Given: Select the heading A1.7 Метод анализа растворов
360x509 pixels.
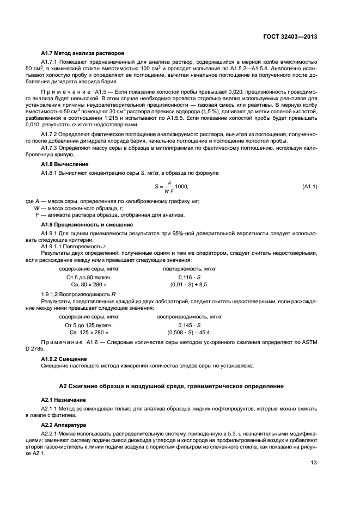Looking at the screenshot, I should tap(83, 53).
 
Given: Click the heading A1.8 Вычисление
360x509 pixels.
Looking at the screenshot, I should tap(65, 164).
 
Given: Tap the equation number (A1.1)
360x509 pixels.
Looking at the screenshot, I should tap(309, 187).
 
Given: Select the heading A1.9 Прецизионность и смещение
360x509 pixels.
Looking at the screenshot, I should tap(87, 225).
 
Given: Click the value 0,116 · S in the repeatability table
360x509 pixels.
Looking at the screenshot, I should tap(189, 277).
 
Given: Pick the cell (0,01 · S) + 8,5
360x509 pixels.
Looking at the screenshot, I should tap(189, 284).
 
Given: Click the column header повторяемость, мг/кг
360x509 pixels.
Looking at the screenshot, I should tap(189, 269).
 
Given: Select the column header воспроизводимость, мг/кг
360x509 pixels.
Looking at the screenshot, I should tap(189, 316).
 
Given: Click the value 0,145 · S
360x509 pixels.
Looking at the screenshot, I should tap(189, 324).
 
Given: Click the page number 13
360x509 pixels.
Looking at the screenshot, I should tap(314, 463).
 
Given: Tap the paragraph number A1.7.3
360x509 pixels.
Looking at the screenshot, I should tap(52, 153).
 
